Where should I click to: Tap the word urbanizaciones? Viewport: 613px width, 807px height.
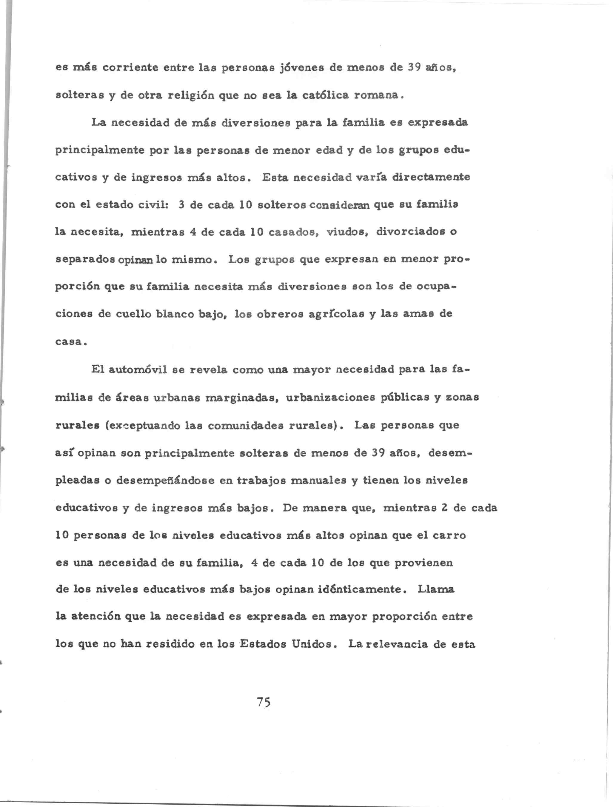pos(330,397)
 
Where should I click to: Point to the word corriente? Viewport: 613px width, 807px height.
pos(129,68)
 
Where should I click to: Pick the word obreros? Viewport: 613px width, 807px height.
pos(280,314)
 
